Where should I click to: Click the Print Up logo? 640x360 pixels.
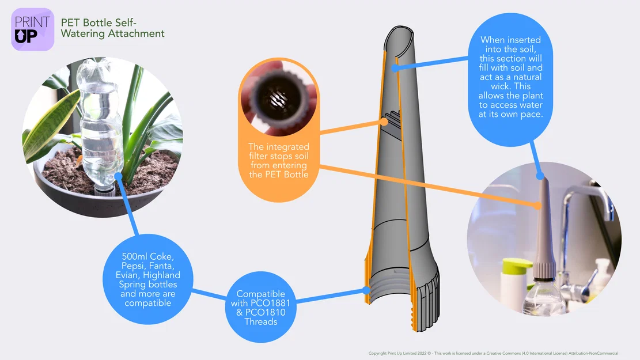[x=33, y=29]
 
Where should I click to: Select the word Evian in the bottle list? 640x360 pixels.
[x=127, y=275]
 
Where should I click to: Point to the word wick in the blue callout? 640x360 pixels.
[x=499, y=86]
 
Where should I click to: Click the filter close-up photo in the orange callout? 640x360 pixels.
[x=279, y=98]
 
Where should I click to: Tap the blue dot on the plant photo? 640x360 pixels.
[x=118, y=176]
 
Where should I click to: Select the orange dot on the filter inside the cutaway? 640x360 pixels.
[x=384, y=121]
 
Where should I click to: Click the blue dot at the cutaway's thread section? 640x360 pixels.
[x=366, y=290]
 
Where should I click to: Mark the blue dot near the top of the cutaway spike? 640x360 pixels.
[x=395, y=68]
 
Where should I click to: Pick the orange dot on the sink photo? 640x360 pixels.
[x=539, y=206]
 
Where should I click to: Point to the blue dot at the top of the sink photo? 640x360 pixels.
[x=540, y=176]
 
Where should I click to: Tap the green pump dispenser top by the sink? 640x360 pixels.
[x=517, y=266]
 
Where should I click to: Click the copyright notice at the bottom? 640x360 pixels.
[x=493, y=354]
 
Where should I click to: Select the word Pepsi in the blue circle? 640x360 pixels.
[x=133, y=266]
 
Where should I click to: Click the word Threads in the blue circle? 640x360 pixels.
[x=261, y=321]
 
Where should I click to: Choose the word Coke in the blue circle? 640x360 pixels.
[x=162, y=256]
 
